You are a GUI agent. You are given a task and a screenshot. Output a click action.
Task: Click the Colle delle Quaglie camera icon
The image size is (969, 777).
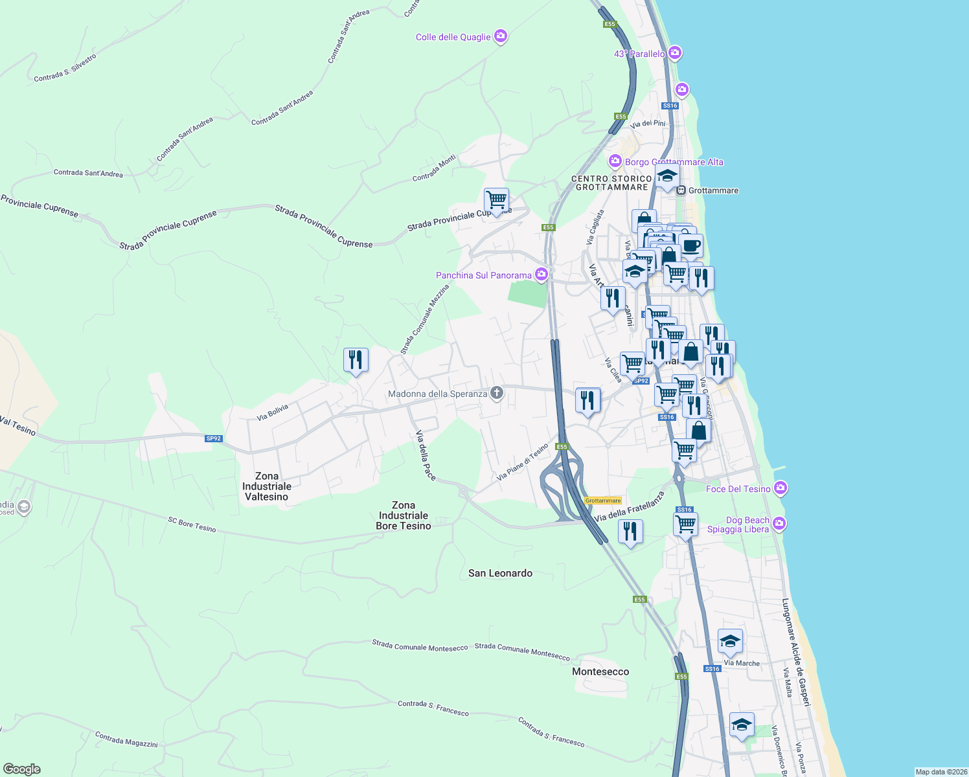(x=500, y=36)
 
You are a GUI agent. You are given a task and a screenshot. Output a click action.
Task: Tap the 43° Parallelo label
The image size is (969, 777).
(x=639, y=54)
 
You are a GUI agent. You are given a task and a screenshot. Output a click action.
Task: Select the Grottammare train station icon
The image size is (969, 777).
(x=681, y=190)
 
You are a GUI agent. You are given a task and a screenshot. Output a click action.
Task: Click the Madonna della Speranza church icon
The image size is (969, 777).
(x=497, y=393)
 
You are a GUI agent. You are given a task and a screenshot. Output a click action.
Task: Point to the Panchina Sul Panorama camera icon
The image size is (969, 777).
(x=541, y=275)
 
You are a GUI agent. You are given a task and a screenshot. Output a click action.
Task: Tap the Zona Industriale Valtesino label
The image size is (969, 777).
(x=267, y=486)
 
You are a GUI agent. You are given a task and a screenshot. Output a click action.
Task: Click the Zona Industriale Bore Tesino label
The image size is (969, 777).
(x=404, y=515)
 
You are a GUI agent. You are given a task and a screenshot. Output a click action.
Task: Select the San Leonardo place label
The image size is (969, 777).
(x=500, y=573)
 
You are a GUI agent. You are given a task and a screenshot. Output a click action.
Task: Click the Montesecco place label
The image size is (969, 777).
(x=600, y=671)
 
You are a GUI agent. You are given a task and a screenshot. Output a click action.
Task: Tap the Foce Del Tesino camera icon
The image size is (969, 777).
(x=781, y=488)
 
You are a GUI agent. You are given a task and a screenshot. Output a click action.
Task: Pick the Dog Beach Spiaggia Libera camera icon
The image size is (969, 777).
(x=779, y=524)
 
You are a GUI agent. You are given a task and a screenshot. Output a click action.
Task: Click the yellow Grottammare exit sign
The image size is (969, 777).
(x=603, y=501)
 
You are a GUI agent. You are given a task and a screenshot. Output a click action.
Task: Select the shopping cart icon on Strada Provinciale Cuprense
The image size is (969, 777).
(x=496, y=200)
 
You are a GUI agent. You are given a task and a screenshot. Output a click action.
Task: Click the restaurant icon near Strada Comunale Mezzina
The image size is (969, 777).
(x=356, y=359)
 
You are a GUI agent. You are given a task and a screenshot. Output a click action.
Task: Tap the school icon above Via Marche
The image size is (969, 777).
(x=730, y=641)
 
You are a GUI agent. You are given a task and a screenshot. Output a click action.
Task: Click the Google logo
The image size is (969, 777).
(x=22, y=769)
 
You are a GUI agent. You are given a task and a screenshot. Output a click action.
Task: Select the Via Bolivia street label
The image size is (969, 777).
(x=272, y=412)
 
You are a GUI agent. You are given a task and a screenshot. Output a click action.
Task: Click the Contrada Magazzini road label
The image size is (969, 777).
(x=126, y=739)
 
